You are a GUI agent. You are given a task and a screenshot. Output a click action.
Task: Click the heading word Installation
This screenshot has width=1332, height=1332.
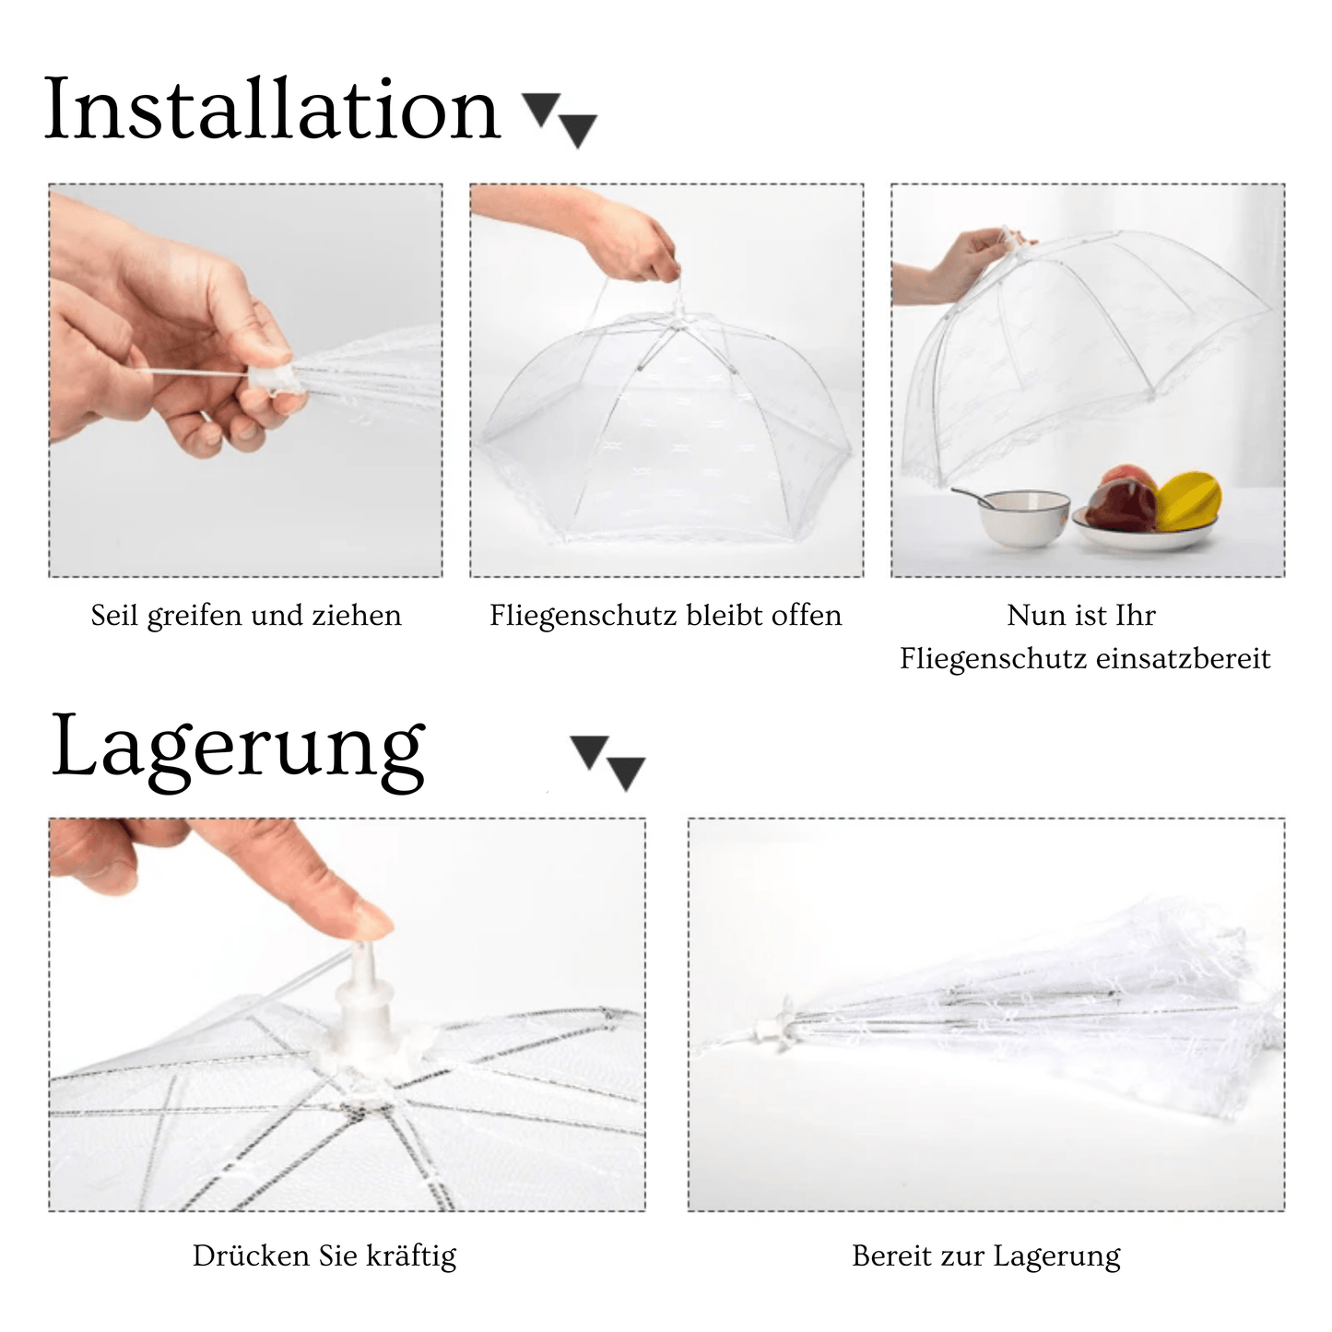pos(272,111)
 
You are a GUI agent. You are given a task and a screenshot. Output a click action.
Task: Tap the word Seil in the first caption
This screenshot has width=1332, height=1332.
pos(114,615)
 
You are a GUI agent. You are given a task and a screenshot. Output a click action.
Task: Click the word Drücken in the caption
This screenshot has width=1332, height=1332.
pos(252,1255)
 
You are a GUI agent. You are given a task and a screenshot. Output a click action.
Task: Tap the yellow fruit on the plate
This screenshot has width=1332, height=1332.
pos(1189,501)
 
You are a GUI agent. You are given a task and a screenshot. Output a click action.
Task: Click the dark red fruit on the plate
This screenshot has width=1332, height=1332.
pos(1121,507)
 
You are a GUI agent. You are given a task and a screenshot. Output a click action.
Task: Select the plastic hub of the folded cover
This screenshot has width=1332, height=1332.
pos(774,1030)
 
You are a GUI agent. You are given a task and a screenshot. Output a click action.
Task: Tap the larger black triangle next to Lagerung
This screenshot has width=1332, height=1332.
pos(627,772)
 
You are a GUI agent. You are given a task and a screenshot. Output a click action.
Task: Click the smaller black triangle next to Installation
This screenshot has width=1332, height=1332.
pos(540,107)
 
